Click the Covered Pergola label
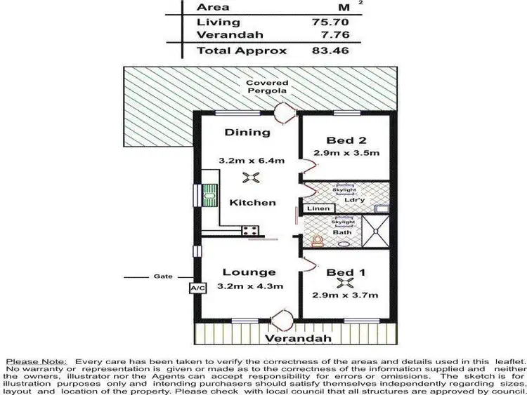click(266, 87)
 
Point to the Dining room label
click(247, 133)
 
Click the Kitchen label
click(253, 203)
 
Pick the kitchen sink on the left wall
click(209, 194)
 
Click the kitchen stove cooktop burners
click(249, 229)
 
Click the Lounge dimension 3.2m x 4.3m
click(249, 286)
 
